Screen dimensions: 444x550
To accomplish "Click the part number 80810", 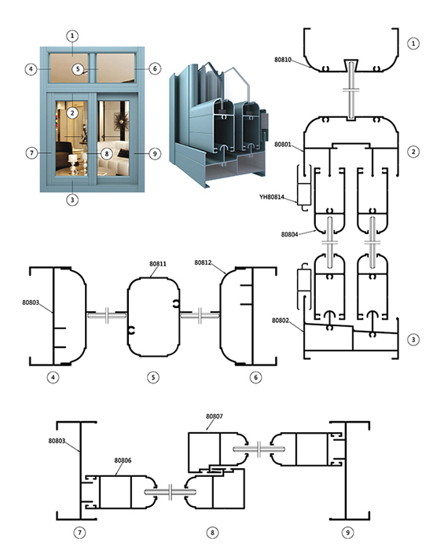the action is click(283, 60).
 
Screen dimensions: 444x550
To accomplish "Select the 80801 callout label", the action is click(283, 145).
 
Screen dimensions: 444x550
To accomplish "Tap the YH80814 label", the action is click(272, 196).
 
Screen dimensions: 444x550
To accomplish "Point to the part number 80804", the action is click(289, 234).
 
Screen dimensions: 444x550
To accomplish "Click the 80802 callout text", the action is click(281, 321).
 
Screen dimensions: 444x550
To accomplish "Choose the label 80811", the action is click(158, 264).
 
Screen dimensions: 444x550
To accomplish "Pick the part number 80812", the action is click(203, 262).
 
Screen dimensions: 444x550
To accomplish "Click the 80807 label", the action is click(214, 416).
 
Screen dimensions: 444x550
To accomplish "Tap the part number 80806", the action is click(123, 460).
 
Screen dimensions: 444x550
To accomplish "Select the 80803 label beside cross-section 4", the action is click(31, 302).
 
